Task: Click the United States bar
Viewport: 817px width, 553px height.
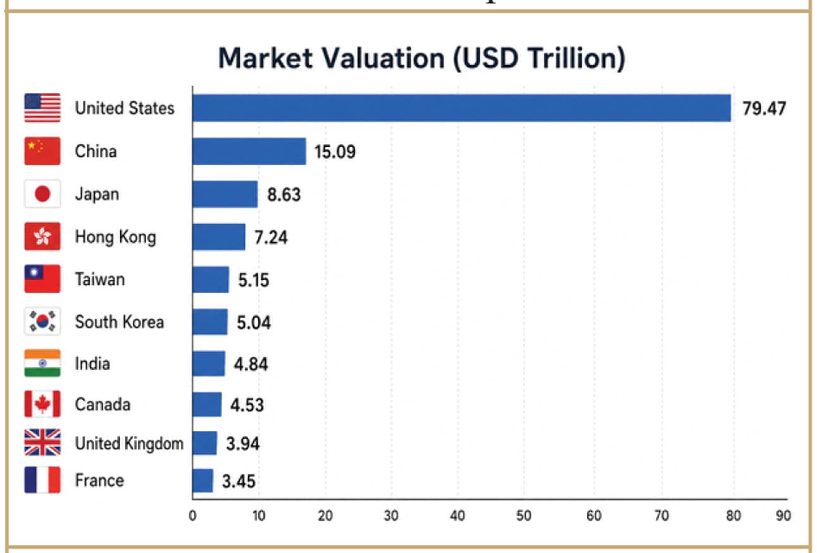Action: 462,108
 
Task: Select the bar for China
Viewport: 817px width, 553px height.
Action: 249,151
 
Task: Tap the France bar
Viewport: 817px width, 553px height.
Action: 203,480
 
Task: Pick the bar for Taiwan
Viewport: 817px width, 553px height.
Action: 211,280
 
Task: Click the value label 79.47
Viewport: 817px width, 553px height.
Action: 764,109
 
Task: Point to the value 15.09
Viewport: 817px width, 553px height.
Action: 335,152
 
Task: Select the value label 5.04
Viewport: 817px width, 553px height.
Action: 254,323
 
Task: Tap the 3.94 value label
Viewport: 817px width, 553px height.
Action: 242,444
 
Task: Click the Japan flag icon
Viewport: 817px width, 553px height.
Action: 42,194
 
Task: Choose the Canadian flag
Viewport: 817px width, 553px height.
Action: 42,404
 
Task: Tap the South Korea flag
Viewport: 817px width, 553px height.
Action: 42,321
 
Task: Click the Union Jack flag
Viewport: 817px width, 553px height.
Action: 42,442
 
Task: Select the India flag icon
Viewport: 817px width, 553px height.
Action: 42,363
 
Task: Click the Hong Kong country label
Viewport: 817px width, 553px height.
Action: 115,237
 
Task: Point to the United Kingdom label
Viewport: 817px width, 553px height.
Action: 129,444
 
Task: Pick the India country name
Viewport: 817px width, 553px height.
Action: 92,364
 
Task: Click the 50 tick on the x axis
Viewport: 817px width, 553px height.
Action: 524,516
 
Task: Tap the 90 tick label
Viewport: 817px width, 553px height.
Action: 783,516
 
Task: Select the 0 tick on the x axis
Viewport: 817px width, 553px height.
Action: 192,516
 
